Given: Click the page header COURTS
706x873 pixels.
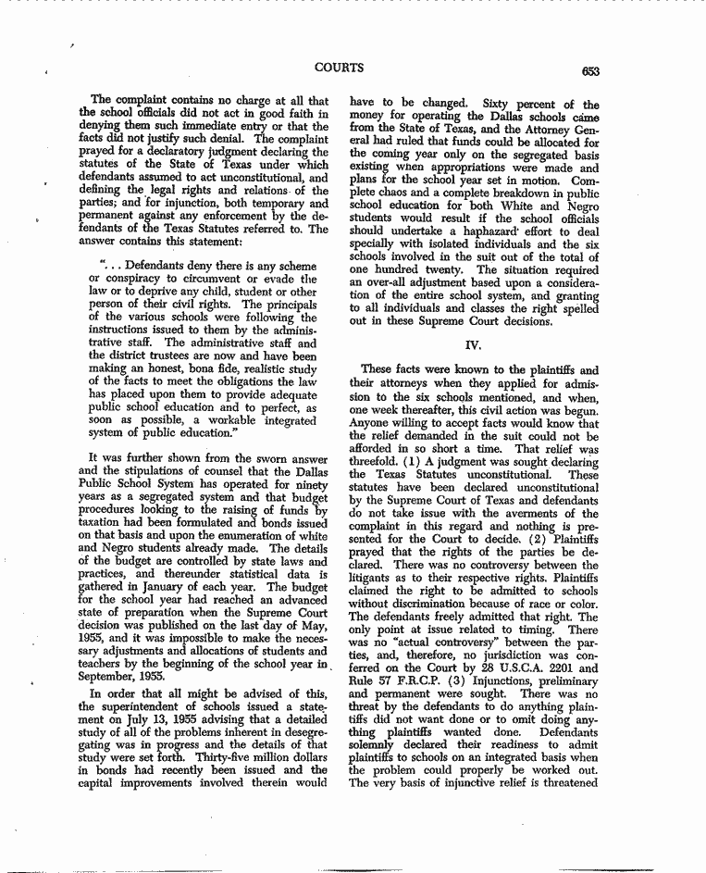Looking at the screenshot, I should [x=339, y=68].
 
